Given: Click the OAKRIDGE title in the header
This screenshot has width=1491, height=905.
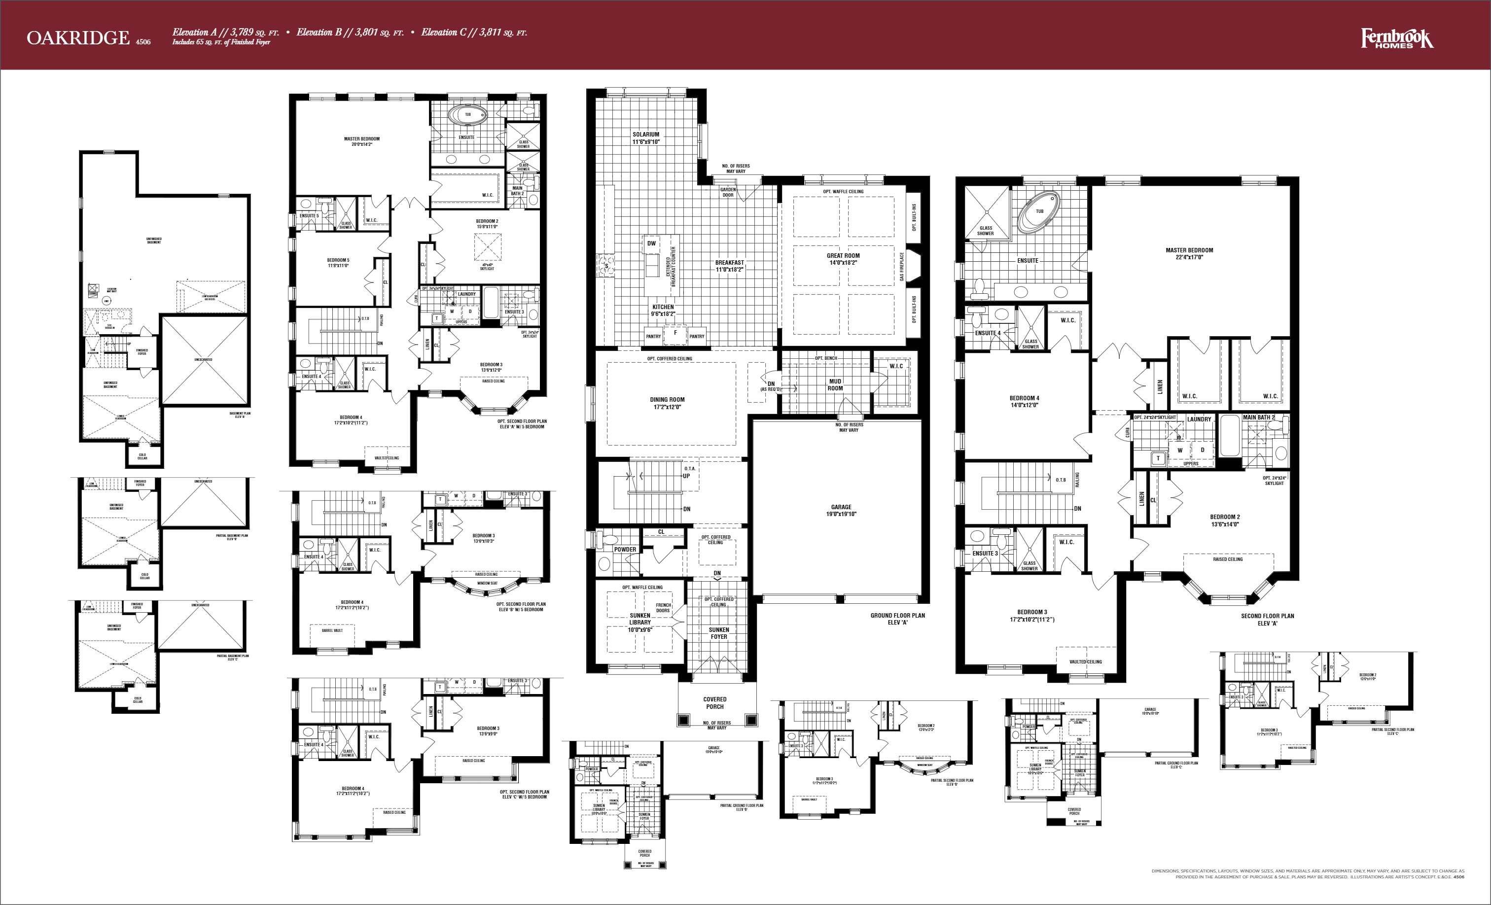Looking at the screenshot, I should (77, 38).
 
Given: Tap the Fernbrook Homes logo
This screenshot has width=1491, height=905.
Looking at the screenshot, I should (1397, 39).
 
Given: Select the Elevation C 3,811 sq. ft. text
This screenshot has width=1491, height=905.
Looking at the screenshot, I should (474, 33).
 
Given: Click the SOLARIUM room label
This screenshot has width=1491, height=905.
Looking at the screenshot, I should (646, 138).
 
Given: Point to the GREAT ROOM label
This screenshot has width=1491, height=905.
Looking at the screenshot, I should (843, 259).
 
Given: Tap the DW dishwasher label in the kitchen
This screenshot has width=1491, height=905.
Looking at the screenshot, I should (651, 243).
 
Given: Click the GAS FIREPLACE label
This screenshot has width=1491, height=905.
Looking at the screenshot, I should (902, 267).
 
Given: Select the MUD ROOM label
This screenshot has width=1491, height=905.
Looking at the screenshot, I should (835, 385).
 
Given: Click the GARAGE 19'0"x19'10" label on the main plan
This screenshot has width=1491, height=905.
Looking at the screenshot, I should (841, 511).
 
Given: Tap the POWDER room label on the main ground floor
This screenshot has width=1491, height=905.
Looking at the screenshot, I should (625, 549).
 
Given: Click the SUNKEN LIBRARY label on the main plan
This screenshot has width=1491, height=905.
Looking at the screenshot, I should (639, 623).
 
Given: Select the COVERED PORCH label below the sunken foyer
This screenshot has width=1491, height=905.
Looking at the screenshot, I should (714, 702).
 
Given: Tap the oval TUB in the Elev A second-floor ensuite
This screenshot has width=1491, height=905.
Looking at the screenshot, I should (1038, 212).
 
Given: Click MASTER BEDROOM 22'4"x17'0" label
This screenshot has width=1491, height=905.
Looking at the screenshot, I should (1189, 253).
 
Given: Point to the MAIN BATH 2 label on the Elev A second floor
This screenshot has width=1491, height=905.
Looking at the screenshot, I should (1258, 418).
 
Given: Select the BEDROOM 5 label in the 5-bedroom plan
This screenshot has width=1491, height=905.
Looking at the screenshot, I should (338, 263).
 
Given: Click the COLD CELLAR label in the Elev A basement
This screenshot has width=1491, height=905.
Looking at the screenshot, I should (142, 456).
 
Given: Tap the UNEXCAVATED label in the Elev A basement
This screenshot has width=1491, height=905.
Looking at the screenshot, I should (203, 359).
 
